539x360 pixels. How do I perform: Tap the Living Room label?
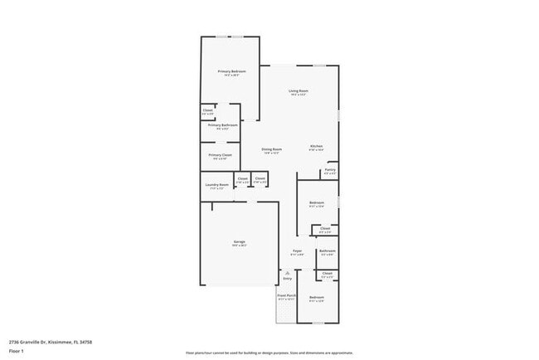click(x=299, y=90)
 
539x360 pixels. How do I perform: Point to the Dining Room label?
click(x=272, y=149)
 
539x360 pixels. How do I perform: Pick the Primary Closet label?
click(x=221, y=155)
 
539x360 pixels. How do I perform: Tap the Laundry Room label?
click(x=217, y=185)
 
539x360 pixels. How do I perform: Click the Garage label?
click(x=239, y=241)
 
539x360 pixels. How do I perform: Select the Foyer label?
click(x=297, y=250)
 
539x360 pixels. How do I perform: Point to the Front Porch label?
click(x=287, y=295)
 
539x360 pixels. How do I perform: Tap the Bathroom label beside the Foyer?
click(x=328, y=251)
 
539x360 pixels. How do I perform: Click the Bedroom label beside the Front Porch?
click(x=317, y=297)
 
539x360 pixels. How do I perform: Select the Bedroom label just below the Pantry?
click(x=317, y=202)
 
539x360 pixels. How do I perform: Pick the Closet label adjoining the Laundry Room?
click(x=242, y=178)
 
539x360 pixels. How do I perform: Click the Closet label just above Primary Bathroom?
click(x=208, y=109)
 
